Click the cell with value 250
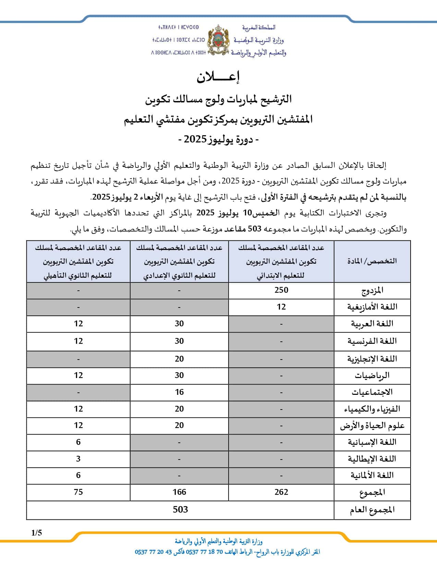[281, 290]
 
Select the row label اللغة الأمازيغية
[372, 307]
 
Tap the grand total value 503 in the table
[180, 510]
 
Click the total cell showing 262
[281, 492]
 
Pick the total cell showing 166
[179, 492]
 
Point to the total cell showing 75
[78, 492]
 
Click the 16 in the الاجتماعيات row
[179, 392]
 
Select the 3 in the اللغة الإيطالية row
[78, 459]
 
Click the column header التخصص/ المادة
[372, 261]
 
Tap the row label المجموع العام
[372, 510]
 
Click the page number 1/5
[36, 533]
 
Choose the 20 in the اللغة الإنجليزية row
[179, 359]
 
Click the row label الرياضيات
[372, 376]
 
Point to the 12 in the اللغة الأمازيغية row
[281, 307]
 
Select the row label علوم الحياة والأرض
[372, 426]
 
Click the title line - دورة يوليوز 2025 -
[218, 139]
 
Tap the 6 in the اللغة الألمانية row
[78, 475]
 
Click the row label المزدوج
[372, 291]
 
